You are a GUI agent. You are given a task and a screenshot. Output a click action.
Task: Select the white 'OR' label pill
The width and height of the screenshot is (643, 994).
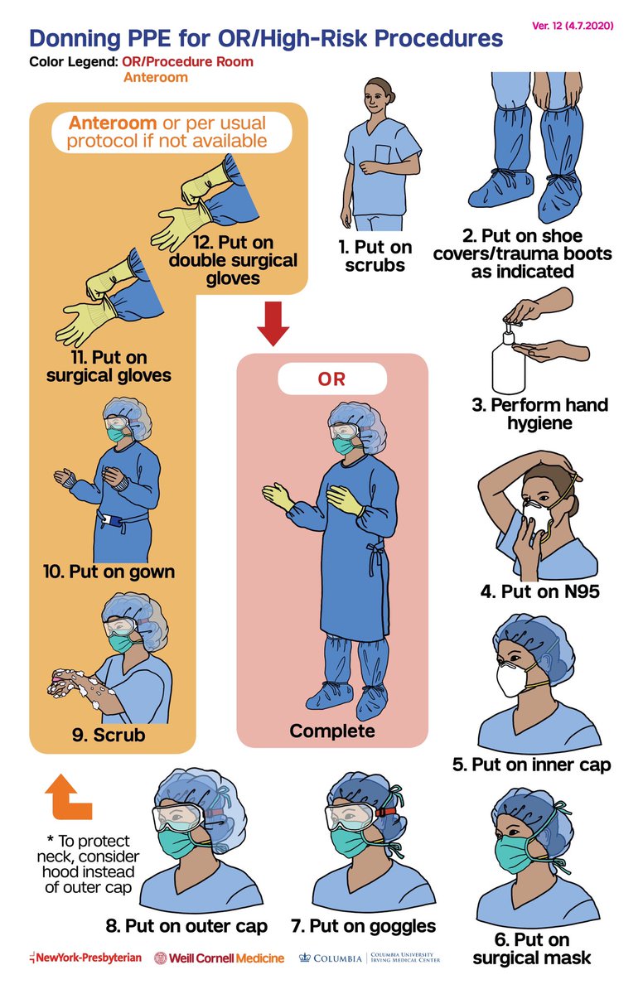coord(331,380)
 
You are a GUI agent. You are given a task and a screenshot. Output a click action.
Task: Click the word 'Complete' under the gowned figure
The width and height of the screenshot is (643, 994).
coord(331,731)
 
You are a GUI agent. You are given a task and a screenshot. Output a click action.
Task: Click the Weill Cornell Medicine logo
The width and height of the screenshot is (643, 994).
coord(220,958)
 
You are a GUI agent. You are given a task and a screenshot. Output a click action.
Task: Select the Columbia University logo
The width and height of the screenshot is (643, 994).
coord(370,958)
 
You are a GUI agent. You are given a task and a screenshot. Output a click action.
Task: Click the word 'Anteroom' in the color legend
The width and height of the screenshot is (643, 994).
coord(156,78)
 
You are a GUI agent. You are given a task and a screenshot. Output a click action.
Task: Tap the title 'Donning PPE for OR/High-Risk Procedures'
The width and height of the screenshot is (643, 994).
coord(266,38)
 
